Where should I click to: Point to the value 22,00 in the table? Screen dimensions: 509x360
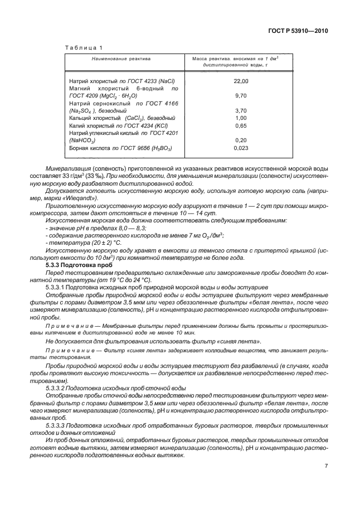click(x=241, y=81)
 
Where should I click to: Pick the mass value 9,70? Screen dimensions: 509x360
click(x=241, y=96)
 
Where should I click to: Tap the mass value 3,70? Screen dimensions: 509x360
click(x=241, y=110)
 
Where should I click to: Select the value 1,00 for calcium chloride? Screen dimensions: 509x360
click(x=241, y=118)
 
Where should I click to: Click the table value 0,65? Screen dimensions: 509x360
click(x=241, y=126)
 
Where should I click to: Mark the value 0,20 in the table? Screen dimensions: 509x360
click(x=241, y=140)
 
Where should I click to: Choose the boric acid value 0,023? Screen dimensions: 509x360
click(x=241, y=148)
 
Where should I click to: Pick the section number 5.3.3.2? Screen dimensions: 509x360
click(x=56, y=387)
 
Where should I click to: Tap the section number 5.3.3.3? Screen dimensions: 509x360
click(x=56, y=424)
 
